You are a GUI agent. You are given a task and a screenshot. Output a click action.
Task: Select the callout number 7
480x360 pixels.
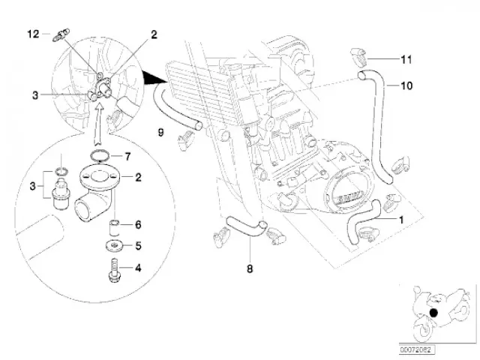[x=127, y=157]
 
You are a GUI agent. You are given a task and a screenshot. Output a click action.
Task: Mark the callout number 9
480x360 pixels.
[x=160, y=133]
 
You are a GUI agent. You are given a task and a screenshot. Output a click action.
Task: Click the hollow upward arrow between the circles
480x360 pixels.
[x=98, y=121]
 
